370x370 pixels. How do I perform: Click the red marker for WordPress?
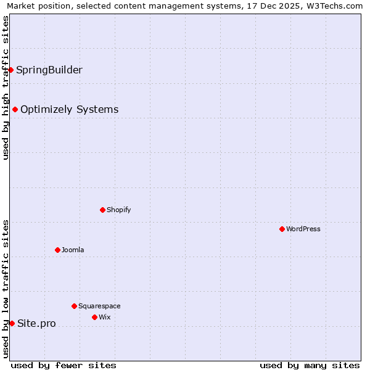tap(282, 229)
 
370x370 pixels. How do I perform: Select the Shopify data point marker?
tap(102, 210)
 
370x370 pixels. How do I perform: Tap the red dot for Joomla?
tap(57, 250)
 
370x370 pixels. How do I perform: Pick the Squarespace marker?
tap(74, 306)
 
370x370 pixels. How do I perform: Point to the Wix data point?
tap(94, 317)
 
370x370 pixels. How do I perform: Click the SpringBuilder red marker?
tap(10, 70)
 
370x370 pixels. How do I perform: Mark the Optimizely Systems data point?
tap(15, 109)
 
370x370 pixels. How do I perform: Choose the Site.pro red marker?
tap(12, 323)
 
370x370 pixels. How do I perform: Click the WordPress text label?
tap(303, 229)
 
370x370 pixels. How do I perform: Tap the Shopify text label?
tap(119, 210)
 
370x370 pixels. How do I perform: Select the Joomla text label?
tap(73, 250)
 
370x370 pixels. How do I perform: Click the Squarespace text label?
tap(99, 306)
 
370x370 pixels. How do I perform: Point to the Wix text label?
tap(105, 317)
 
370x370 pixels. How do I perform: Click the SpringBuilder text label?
tap(49, 70)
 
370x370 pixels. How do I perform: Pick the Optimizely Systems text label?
tap(70, 109)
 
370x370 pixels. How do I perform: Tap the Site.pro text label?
tap(36, 323)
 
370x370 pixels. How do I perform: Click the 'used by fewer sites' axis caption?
tap(64, 365)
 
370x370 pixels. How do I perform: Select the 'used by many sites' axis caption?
tap(310, 365)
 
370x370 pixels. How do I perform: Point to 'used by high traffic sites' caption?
tap(6, 88)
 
